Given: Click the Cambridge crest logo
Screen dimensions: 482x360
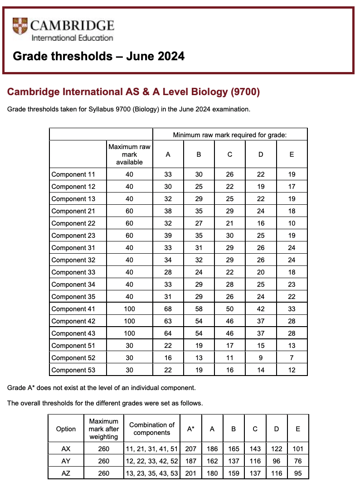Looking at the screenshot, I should point(20,26).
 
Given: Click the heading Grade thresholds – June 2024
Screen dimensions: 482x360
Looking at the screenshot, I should point(99,56).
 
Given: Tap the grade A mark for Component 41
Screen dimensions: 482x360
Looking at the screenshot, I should point(168,309).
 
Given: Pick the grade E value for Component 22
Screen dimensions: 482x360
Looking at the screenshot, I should point(292,223).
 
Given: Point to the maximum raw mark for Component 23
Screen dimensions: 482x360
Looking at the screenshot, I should point(129,236).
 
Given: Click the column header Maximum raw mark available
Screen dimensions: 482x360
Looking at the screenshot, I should point(129,154).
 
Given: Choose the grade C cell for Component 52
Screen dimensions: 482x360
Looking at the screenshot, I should point(230,358).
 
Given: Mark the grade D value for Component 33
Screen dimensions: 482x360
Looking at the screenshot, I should point(261,272).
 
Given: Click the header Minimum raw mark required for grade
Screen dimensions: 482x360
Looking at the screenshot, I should point(230,135).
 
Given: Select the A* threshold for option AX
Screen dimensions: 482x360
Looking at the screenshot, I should point(191,449).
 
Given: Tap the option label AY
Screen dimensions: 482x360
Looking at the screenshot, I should point(66,461).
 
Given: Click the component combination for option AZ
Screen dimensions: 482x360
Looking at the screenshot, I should point(152,473).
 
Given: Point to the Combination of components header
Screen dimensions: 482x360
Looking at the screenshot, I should point(152,429).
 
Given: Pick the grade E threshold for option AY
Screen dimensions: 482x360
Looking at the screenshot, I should point(298,461).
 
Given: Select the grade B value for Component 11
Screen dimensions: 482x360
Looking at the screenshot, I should point(199,174).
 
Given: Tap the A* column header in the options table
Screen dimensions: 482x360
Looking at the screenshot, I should point(191,429).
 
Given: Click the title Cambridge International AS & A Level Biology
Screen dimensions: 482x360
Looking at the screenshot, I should point(133,92).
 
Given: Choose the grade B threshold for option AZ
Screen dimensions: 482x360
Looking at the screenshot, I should point(234,473).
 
